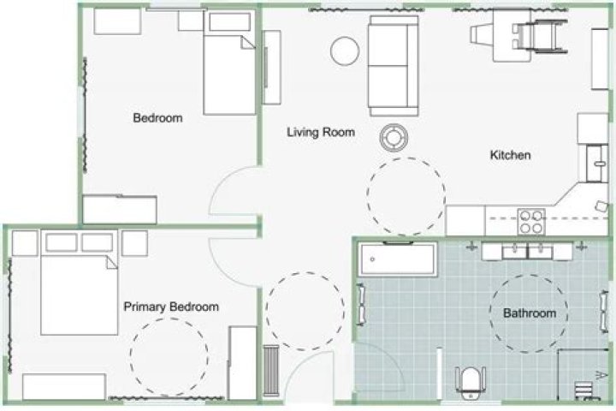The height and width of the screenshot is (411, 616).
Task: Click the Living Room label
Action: click(321, 132)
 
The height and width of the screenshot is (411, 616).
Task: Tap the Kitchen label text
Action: click(510, 155)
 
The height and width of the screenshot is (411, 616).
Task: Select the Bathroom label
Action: click(530, 313)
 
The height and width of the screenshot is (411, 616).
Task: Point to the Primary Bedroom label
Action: click(171, 307)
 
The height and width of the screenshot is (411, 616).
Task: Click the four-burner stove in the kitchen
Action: click(531, 222)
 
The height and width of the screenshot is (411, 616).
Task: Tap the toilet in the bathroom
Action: click(471, 382)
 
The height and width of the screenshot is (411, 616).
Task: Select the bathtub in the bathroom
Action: click(398, 259)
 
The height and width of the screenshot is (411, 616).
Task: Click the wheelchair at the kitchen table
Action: click(539, 34)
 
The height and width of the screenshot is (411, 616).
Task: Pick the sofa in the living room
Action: click(394, 66)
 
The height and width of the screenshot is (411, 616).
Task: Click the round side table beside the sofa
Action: click(345, 51)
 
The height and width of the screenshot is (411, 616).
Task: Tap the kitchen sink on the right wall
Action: click(597, 164)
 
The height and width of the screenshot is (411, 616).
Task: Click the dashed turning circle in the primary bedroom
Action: click(131, 357)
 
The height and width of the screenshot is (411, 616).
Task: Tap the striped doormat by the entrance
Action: click(270, 370)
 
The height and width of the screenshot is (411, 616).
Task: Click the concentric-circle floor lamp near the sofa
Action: click(394, 137)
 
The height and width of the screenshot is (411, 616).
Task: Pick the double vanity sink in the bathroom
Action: click(527, 252)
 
